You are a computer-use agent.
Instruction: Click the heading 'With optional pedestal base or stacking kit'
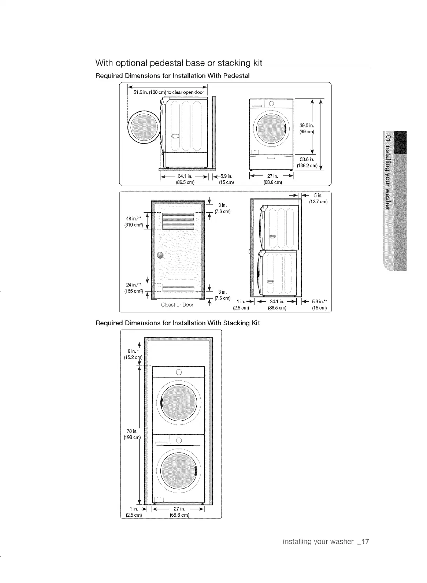click(179, 63)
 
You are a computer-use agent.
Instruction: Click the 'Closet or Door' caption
click(177, 305)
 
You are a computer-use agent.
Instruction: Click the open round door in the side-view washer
click(143, 127)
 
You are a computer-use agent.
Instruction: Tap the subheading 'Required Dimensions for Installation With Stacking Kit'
click(178, 323)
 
